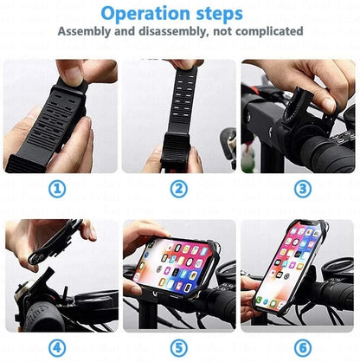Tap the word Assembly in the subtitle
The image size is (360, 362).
click(86, 31)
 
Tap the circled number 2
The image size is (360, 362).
click(178, 189)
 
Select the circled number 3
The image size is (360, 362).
click(302, 189)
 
